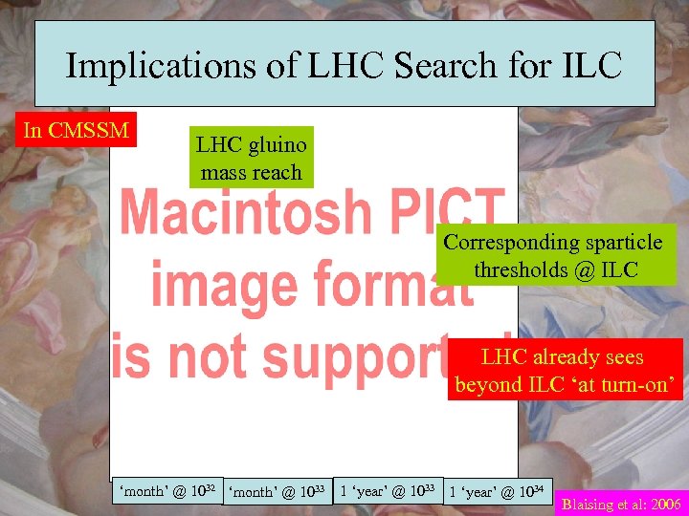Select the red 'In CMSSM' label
coord(77,130)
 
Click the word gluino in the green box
coord(277,145)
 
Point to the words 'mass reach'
coord(251,173)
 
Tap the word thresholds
coord(518,269)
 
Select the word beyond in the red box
coord(486,385)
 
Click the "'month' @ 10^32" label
coord(167,491)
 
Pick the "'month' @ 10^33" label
coord(278,492)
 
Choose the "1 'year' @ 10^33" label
coord(389,491)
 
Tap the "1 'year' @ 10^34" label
coord(498,492)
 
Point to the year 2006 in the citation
coord(662,504)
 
